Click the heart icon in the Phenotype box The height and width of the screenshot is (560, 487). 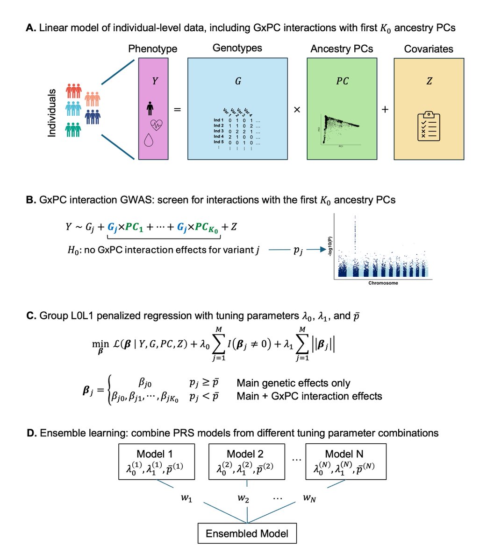[155, 124]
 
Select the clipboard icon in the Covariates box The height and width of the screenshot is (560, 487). [429, 126]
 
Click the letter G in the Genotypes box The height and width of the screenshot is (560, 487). [238, 81]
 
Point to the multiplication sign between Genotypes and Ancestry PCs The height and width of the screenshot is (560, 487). [297, 110]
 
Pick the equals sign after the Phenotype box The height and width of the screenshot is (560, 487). [178, 110]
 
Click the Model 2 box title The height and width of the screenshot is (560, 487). [245, 454]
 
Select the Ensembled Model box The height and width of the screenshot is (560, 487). [247, 533]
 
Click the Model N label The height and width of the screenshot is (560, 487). [344, 454]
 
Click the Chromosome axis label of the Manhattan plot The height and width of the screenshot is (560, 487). [383, 283]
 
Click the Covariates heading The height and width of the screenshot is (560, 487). [429, 49]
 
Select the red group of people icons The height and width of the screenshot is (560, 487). [74, 91]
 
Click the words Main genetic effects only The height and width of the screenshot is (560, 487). [294, 383]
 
